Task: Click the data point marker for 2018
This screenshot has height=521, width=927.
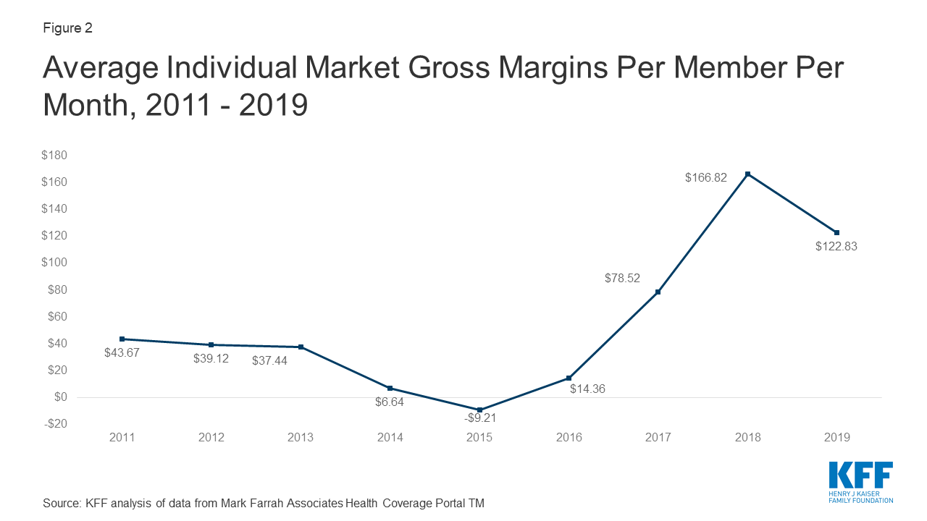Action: click(747, 174)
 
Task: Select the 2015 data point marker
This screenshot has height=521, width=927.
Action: click(479, 410)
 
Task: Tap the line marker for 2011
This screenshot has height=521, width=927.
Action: click(122, 339)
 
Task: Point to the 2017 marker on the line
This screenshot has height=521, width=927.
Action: click(658, 292)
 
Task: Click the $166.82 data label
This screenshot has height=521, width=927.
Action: click(706, 177)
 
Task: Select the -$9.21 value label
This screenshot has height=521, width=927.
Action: click(479, 418)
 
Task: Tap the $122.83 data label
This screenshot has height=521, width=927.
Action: click(836, 246)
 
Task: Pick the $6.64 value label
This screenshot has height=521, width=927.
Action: click(389, 402)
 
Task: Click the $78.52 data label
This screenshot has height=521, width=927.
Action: click(623, 278)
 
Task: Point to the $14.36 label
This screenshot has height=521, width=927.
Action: click(587, 389)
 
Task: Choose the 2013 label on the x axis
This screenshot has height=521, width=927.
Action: click(301, 437)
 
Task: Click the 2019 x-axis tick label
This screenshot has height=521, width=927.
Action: click(836, 437)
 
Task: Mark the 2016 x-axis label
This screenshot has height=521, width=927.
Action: click(569, 437)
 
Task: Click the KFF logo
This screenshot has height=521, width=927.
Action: click(860, 481)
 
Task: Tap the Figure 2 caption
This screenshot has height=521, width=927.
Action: click(68, 28)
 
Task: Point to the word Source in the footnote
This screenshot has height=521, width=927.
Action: click(60, 503)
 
